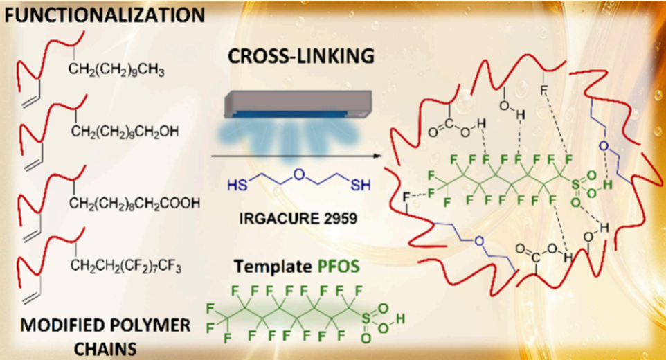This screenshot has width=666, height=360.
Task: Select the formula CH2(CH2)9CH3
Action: point(116,69)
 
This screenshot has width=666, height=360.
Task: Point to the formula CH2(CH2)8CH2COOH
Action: point(134,203)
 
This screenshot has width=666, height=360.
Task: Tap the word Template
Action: point(271,267)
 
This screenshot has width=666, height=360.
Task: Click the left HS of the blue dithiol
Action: point(237,186)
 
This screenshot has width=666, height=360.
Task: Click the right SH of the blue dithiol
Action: point(361,186)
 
